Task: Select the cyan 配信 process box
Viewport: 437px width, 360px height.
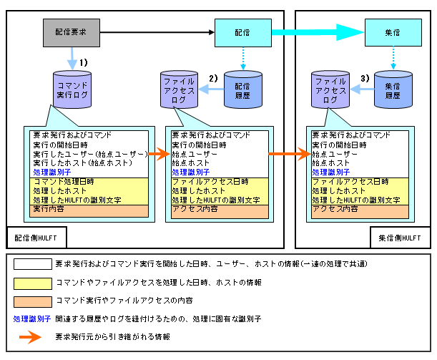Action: [x=243, y=31]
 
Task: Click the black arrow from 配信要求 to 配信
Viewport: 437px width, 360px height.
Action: [x=158, y=31]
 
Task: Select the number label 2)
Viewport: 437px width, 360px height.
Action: [x=212, y=77]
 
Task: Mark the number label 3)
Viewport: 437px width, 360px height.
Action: [x=364, y=77]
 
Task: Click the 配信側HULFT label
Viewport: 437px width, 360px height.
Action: [x=36, y=236]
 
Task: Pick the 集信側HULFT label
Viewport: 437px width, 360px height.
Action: [x=401, y=236]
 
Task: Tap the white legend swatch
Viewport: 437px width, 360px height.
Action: [x=31, y=265]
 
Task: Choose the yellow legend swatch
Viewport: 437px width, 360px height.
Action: [x=31, y=283]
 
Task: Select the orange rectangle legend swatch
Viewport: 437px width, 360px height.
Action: [x=31, y=301]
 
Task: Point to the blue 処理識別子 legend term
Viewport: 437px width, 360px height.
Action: [x=31, y=318]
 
